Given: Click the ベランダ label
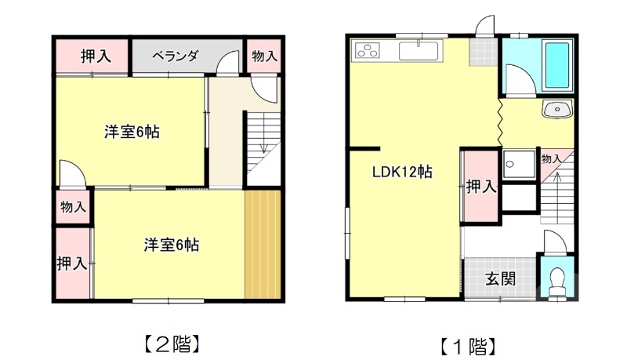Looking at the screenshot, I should click(x=174, y=56).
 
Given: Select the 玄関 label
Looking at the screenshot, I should click(x=499, y=278).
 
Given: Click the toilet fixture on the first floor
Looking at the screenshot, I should click(x=558, y=280).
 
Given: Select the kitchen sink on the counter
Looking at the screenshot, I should click(x=421, y=52).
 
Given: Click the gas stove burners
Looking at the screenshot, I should click(x=367, y=52).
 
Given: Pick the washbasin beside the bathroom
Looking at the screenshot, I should click(x=558, y=109).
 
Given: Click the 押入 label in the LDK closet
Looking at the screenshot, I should click(x=480, y=187).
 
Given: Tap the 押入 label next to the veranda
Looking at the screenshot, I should click(x=94, y=56).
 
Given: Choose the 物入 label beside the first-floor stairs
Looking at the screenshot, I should click(x=551, y=158).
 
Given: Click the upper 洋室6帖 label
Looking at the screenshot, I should click(x=132, y=132).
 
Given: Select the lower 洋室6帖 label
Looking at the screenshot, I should click(x=171, y=245).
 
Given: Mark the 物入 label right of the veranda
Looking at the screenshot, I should click(x=264, y=56).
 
